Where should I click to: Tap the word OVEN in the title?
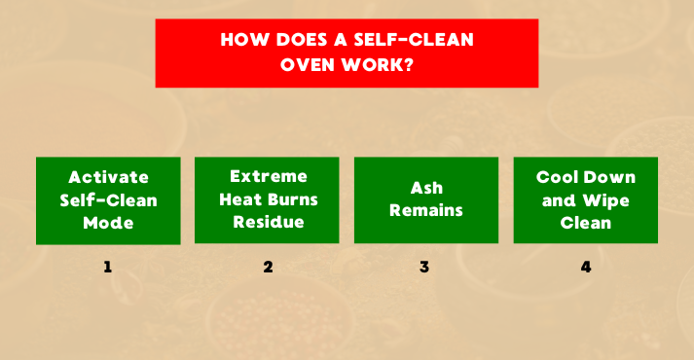coord(310,66)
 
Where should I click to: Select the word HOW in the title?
coord(240,42)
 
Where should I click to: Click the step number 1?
coord(108,267)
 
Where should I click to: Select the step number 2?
coord(268,267)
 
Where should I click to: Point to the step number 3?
coord(425,267)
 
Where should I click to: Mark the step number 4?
coord(585,267)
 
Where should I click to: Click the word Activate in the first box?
coord(108,177)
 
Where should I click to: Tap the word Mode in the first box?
coord(108,222)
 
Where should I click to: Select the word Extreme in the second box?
coord(268,177)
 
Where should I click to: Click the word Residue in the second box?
coord(268,222)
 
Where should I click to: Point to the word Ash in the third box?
coord(425,189)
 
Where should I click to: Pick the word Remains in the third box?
coord(425,210)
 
